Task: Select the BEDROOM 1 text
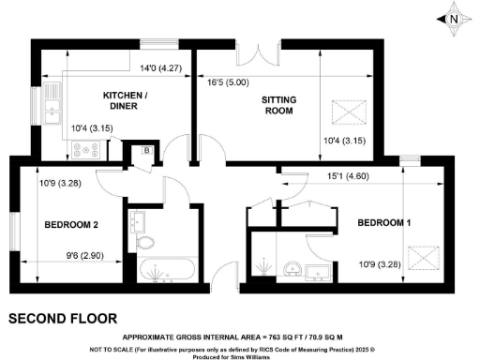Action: click(x=384, y=222)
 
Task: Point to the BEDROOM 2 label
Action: click(x=70, y=225)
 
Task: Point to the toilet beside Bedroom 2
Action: click(x=145, y=243)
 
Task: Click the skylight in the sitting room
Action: click(x=348, y=113)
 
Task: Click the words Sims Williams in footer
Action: click(x=259, y=354)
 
